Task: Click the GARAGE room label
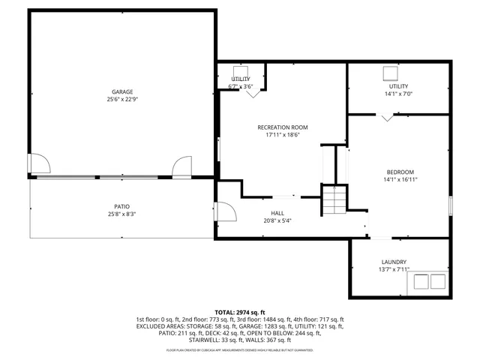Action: coord(123,91)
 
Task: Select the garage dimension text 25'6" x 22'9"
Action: coord(123,99)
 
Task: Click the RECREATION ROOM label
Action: coord(282,127)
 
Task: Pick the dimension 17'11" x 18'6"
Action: coord(282,136)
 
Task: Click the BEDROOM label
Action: coord(400,171)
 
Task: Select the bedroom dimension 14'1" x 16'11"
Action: coord(400,179)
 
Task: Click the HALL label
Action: coord(278,213)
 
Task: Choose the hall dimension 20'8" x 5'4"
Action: coord(278,221)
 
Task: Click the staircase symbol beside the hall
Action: coord(335,199)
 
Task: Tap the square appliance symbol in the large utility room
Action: coord(390,73)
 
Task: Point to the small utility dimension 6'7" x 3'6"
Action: coord(241,87)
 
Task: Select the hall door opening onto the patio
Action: coord(222,211)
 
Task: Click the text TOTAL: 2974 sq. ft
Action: coord(240,311)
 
